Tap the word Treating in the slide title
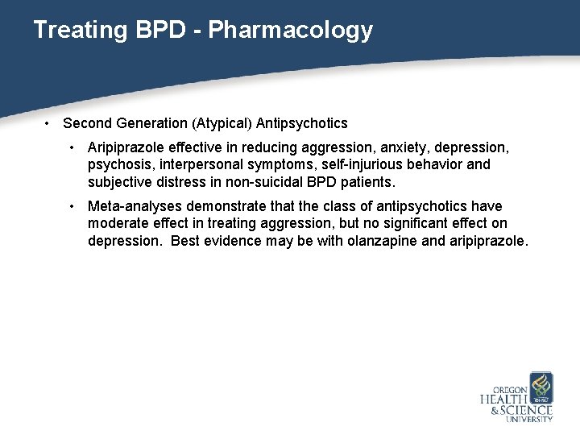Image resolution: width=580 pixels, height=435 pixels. [78, 31]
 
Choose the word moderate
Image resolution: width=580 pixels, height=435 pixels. [119, 222]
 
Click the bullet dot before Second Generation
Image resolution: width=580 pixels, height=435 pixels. [49, 123]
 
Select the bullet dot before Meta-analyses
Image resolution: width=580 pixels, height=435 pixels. [73, 206]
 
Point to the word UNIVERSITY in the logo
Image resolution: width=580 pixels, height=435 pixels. [529, 419]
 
